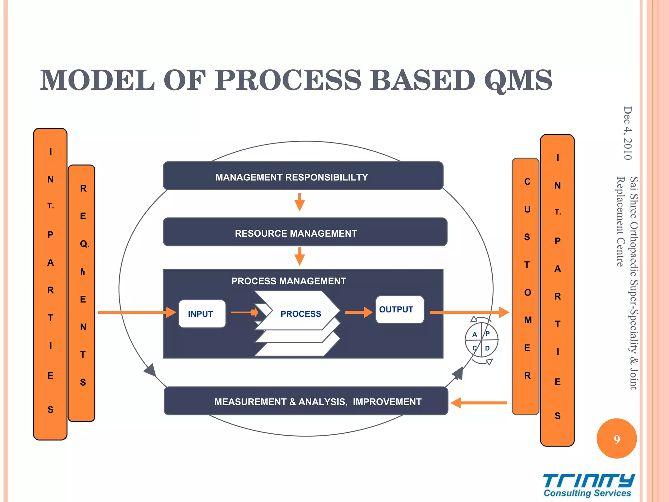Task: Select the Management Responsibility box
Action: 303,176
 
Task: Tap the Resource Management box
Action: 305,232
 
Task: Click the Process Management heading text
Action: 288,281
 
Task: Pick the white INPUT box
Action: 202,314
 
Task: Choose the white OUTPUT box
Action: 399,310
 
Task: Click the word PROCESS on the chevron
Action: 301,314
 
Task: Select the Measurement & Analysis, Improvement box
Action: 306,401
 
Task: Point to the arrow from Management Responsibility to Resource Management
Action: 300,202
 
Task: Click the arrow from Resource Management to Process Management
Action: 300,256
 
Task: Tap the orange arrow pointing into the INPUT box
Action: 137,312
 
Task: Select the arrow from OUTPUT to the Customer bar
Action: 469,312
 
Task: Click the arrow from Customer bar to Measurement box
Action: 479,403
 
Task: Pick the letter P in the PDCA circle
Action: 487,334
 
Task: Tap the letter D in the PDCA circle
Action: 487,348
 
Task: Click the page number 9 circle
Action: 616,439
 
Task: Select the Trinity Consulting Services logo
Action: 588,485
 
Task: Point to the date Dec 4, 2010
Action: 628,133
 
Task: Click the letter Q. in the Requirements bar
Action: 84,244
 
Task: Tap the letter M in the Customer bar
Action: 528,320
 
